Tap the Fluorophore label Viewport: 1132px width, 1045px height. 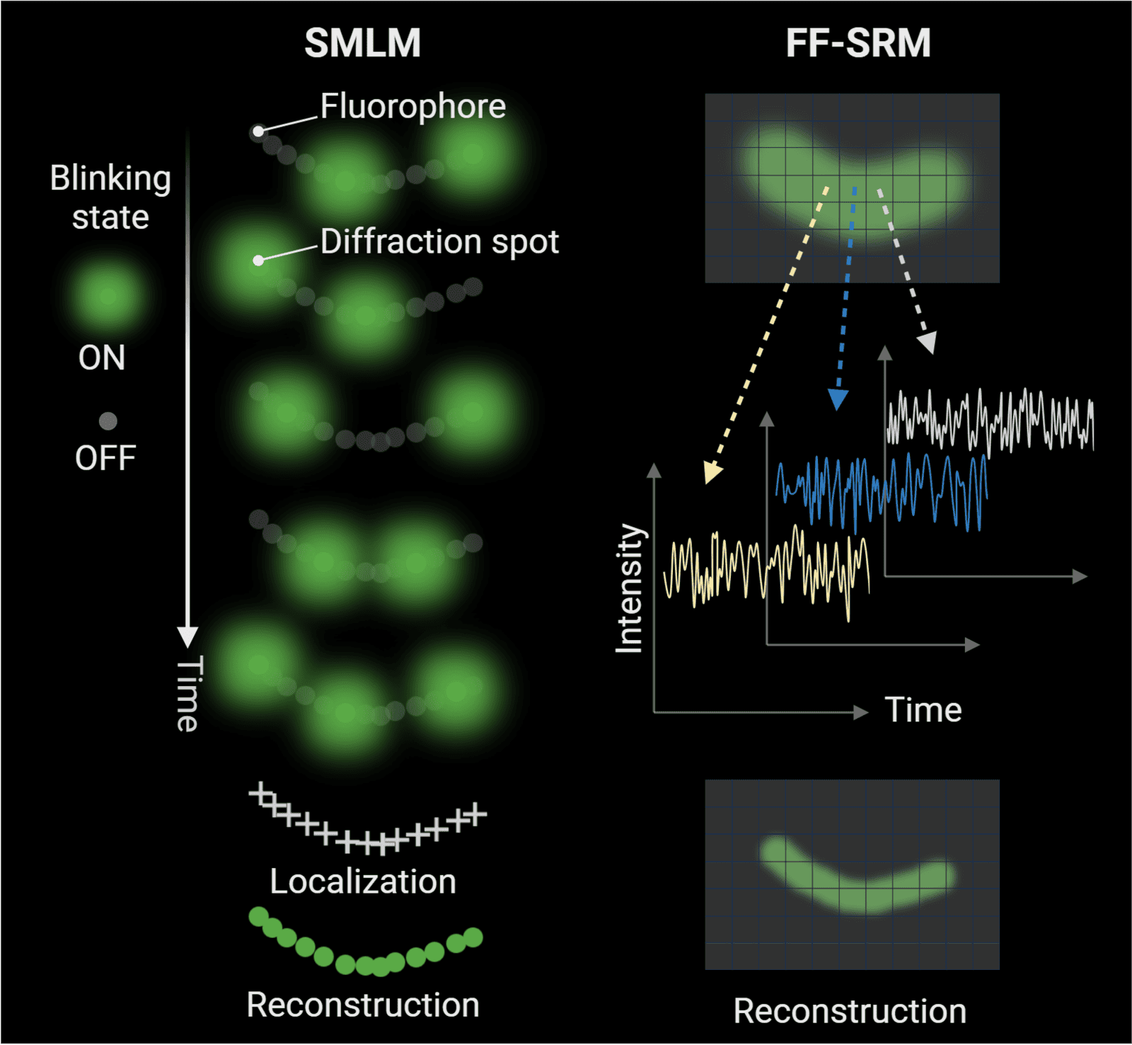[412, 107]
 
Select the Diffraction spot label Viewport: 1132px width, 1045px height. [439, 241]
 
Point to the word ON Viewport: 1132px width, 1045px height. [102, 358]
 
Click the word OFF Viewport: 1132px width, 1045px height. [105, 458]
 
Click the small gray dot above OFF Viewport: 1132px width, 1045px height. [108, 421]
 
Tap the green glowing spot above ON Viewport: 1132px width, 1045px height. [107, 295]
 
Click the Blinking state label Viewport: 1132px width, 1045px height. [110, 198]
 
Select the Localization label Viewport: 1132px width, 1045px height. [363, 882]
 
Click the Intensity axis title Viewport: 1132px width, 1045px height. [629, 588]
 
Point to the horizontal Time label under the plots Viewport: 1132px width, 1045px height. [923, 709]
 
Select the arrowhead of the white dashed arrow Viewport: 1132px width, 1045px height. [927, 343]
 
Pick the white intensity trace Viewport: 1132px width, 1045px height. [990, 421]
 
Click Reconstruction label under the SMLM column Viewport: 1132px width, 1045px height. [363, 1005]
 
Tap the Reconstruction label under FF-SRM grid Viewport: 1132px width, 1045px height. [850, 1011]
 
